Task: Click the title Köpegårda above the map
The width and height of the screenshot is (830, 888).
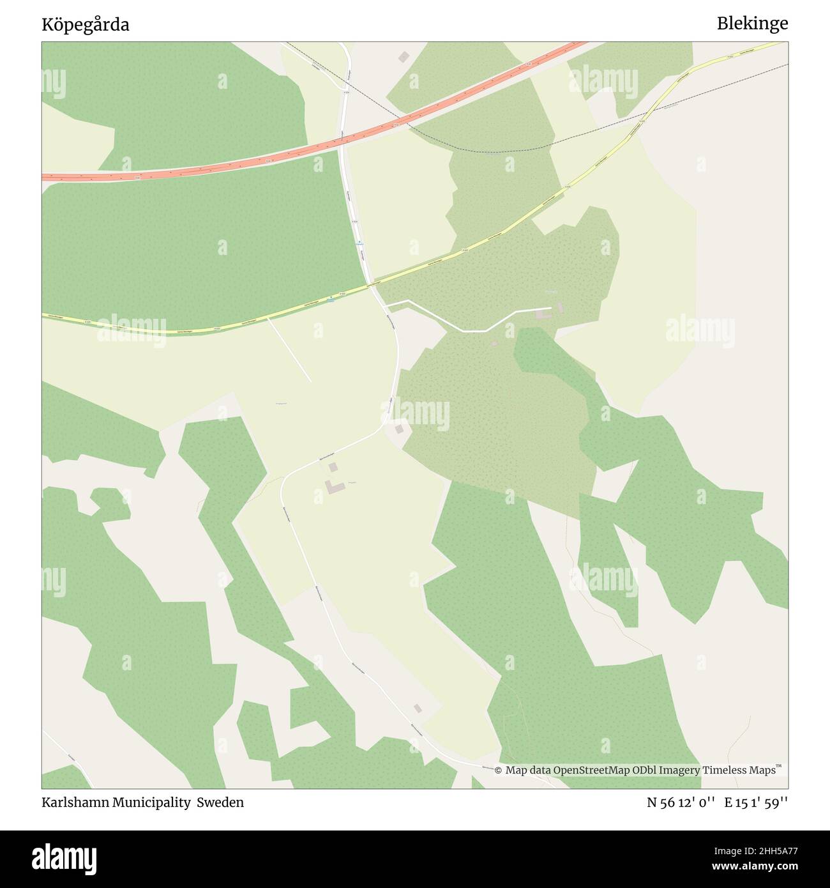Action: (86, 25)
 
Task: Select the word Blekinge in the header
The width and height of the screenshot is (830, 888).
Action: (752, 24)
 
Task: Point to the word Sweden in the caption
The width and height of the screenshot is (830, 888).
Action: (220, 802)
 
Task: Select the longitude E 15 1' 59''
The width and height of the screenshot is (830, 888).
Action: (756, 802)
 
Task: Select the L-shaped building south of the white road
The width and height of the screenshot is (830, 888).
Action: (334, 487)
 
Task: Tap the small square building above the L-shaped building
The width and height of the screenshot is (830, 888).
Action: (333, 467)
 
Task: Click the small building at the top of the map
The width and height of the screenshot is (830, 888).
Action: (403, 57)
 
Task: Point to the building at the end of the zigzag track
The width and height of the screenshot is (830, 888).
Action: (543, 314)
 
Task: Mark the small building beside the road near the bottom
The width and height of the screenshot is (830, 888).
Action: (418, 708)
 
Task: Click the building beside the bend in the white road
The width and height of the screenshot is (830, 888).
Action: (399, 429)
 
